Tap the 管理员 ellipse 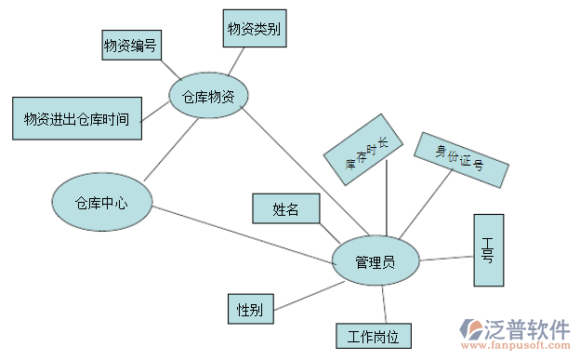click(376, 261)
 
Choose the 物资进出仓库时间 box click(76, 118)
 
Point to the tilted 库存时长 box click(362, 150)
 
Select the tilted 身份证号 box click(461, 159)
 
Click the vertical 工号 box click(488, 249)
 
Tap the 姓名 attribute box click(286, 208)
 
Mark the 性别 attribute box click(250, 309)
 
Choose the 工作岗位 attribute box click(373, 336)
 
